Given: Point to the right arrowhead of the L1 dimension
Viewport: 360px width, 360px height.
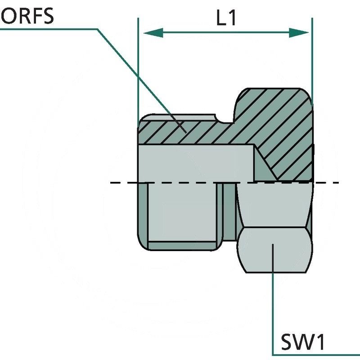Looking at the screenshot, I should coord(299,32).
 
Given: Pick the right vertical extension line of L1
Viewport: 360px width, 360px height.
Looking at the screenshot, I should coord(312,58).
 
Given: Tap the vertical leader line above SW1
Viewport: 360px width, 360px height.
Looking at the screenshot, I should coord(273,306).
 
